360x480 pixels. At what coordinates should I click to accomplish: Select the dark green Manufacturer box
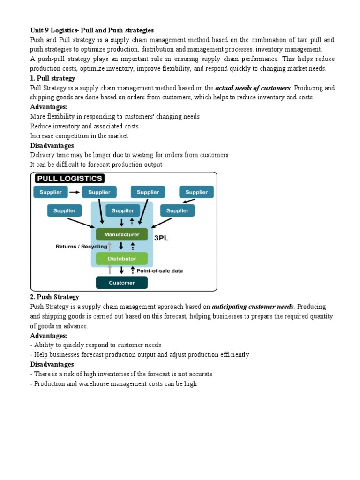121,233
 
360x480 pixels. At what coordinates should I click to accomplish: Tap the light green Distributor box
121,258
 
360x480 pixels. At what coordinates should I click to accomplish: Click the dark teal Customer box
121,283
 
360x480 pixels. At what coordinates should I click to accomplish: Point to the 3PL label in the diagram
161,238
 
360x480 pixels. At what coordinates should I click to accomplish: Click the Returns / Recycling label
81,246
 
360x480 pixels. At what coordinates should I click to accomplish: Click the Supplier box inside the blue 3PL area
123,211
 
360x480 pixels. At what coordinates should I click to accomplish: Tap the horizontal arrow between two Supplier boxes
75,192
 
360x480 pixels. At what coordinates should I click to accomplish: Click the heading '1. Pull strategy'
52,78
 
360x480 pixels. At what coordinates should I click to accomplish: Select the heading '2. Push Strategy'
54,297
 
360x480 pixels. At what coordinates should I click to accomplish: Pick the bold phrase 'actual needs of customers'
253,88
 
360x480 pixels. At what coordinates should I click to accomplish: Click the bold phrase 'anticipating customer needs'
253,307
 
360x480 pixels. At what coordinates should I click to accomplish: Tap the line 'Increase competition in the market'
79,136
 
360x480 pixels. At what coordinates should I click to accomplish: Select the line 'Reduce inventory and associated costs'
84,127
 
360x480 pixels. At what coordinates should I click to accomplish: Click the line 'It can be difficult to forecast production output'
96,165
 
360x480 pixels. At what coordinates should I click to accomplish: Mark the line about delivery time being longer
129,155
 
